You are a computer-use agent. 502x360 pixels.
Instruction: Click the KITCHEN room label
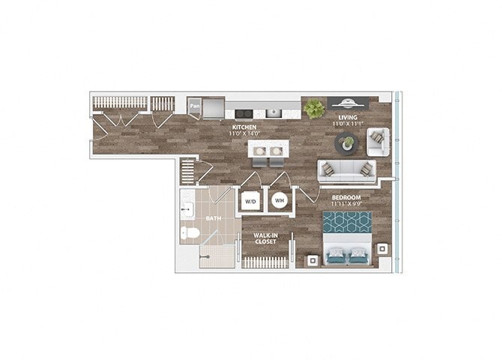click(244, 127)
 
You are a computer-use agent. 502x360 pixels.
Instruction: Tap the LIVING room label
click(347, 118)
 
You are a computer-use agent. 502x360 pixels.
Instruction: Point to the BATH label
click(214, 219)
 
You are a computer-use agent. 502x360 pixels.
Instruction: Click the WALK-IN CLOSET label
click(264, 238)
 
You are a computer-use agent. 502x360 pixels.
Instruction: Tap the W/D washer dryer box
click(250, 200)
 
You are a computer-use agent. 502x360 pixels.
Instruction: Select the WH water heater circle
click(279, 200)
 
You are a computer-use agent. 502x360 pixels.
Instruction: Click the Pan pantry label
click(194, 106)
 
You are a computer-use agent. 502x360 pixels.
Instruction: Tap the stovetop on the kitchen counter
click(243, 113)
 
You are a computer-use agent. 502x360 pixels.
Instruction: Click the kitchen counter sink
click(275, 113)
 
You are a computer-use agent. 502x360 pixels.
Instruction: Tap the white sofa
click(345, 171)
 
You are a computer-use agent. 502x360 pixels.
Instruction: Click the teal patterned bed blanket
click(348, 223)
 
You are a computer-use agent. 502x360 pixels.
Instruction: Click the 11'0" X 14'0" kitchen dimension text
click(244, 134)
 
